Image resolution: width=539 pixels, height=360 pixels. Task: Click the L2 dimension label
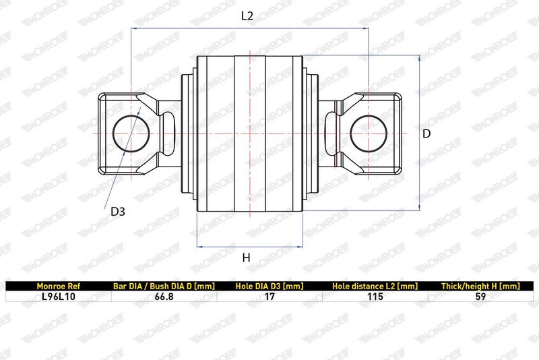coord(247,16)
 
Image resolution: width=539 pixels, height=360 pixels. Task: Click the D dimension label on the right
coord(426,133)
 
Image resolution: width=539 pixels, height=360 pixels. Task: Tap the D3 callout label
coord(117,212)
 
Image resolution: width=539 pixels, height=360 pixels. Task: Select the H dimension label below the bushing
coord(246,258)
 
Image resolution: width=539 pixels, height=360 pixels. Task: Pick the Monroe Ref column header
coord(58,286)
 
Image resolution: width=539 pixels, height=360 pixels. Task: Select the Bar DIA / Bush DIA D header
coord(164,286)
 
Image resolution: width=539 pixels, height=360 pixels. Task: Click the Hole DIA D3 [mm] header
coord(269,286)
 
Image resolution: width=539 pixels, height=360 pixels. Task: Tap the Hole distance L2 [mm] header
coord(375,286)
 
